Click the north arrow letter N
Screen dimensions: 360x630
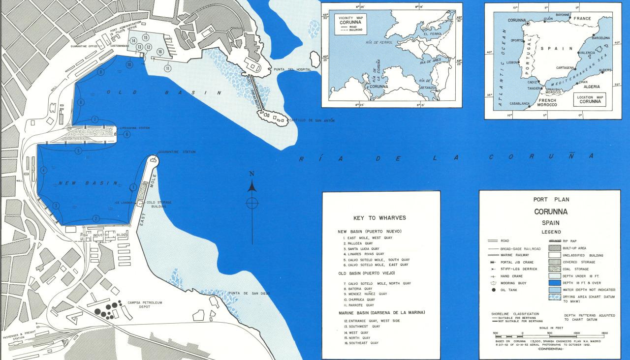252,174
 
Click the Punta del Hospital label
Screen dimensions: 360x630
293,70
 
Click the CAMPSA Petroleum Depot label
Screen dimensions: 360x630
145,305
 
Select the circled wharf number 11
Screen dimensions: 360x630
167,68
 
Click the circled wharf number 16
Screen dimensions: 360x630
159,52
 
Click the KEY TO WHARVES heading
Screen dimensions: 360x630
380,218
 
